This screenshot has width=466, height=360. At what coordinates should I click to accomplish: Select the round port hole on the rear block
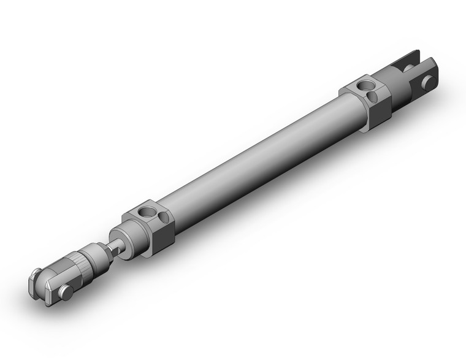(x=367, y=85)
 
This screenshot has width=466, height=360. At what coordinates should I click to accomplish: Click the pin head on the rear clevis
(x=432, y=80)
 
